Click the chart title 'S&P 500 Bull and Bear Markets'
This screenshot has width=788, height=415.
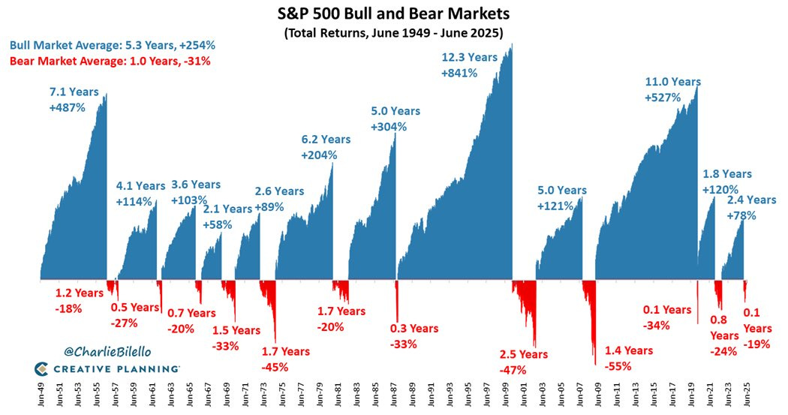tap(393, 13)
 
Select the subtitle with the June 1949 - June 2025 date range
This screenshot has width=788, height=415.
tap(393, 33)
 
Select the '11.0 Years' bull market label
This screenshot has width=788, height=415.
tap(673, 82)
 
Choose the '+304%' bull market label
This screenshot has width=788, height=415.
tap(389, 127)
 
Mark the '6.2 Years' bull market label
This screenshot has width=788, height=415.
tap(326, 139)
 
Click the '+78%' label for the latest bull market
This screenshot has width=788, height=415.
tap(741, 215)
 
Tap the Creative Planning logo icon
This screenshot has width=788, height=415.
tap(42, 368)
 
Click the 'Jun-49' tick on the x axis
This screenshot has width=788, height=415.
tap(41, 396)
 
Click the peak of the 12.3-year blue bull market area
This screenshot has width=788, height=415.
tap(512, 44)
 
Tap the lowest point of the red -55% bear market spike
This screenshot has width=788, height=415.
tap(596, 365)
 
